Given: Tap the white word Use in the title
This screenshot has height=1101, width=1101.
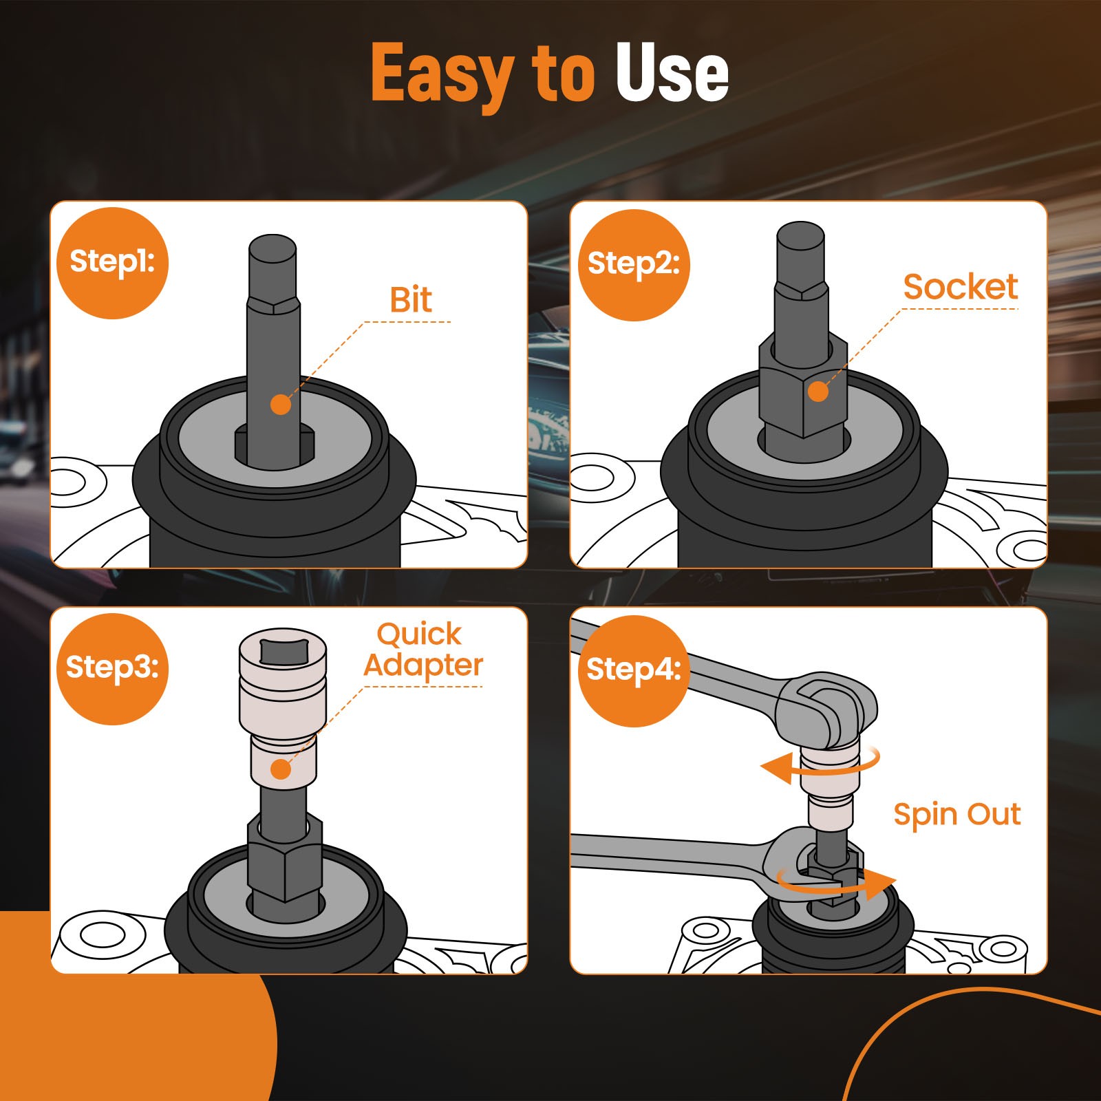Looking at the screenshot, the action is coord(672,72).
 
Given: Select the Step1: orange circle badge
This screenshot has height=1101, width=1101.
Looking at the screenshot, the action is coord(112,263).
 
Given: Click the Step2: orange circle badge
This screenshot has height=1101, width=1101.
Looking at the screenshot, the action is coord(633,265).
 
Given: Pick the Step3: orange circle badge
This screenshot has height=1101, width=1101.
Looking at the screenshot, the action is coord(112,668).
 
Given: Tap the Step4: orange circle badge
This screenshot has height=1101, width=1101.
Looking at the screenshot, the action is coord(633,671).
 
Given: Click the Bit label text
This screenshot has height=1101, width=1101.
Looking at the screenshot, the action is coord(411,300).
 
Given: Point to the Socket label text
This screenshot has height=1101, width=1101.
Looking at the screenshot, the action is coord(960,287).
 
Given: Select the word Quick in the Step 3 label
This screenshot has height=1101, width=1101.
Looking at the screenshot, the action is coord(419,634).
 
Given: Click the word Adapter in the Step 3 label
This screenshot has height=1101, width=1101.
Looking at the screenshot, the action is coord(423,665).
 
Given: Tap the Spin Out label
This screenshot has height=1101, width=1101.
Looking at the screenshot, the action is coord(957,815).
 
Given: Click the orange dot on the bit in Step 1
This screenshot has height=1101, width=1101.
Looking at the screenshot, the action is coord(281,405).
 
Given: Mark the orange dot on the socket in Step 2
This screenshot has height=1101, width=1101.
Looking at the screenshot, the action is coord(817,392).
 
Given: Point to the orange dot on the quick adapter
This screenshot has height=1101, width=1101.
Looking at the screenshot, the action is coord(281,769).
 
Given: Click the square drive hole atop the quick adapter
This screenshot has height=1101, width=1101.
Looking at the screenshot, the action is coord(284,650).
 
